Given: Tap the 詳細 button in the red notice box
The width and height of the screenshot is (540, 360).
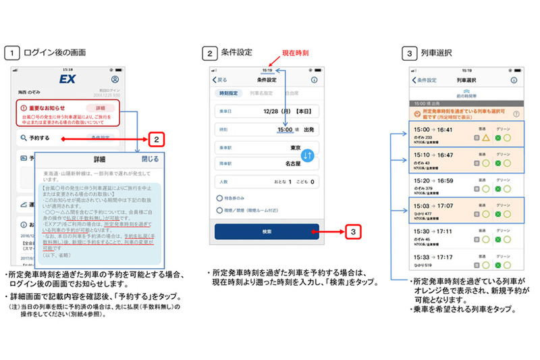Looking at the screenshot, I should tap(99, 108).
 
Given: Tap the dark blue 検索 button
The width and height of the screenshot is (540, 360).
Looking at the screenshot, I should tap(267, 232).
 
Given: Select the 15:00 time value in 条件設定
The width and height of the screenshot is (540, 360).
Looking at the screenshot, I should tap(283, 128).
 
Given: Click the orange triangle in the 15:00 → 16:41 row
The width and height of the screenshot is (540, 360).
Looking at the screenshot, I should tap(485, 138).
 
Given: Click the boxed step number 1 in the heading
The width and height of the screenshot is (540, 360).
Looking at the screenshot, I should tap(11, 51).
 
